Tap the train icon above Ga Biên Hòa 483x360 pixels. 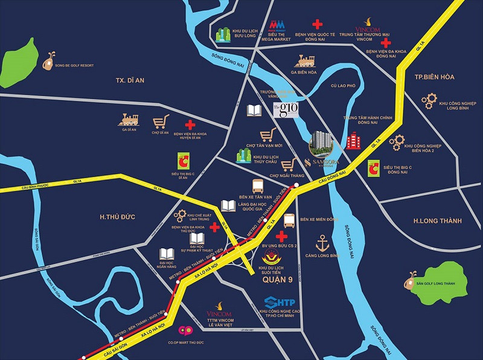click(x=304, y=60)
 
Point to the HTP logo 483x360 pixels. click(x=280, y=301)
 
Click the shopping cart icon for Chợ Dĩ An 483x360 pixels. click(x=160, y=121)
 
